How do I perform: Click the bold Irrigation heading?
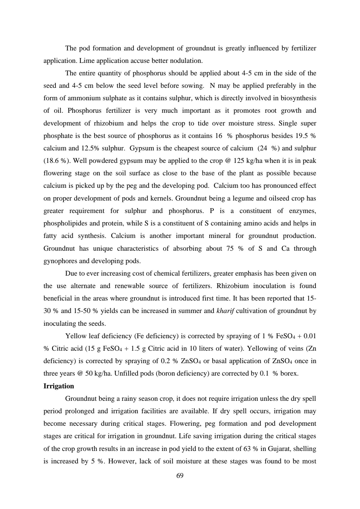click(59, 386)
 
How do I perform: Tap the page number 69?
click(180, 476)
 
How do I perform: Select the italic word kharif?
click(225, 311)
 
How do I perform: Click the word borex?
click(289, 374)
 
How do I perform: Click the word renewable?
click(129, 286)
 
